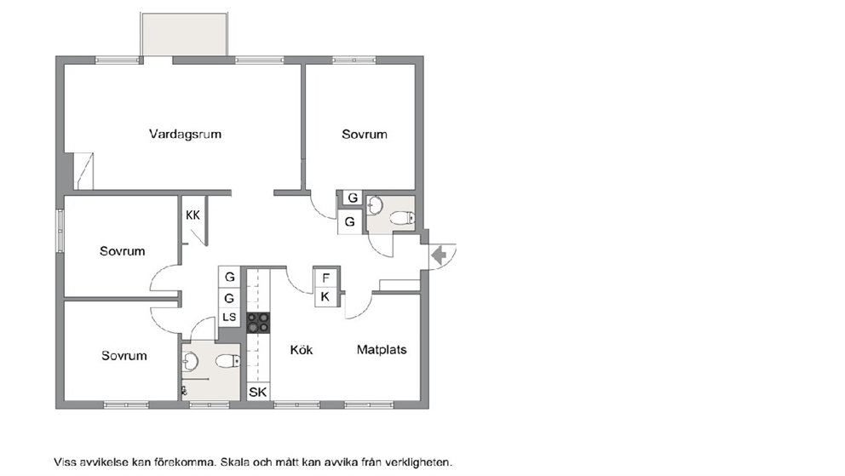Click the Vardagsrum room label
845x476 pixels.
185,134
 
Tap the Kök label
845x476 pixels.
302,350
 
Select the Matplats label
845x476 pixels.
382,350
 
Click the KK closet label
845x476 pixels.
193,215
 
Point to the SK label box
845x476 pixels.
257,392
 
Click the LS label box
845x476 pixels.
229,317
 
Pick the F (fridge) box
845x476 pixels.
325,278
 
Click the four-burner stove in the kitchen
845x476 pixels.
258,323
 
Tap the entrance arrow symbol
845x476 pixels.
440,255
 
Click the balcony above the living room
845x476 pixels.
184,33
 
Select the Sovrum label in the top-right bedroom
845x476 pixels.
365,134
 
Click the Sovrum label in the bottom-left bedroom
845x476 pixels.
124,355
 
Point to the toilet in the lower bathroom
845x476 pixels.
228,361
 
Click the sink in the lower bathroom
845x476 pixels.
190,361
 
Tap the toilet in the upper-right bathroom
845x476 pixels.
403,217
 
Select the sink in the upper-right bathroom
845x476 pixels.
375,205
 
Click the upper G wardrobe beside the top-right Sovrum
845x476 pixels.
353,198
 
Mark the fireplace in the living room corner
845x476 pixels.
83,171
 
